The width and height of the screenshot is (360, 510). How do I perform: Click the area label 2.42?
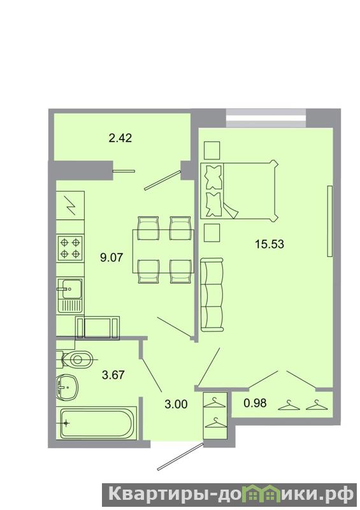[120, 138]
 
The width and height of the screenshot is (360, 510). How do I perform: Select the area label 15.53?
[270, 244]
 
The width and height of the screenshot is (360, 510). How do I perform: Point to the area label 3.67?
[113, 375]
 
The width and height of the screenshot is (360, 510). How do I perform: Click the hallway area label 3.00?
[176, 404]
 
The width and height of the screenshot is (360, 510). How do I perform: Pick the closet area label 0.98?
[256, 403]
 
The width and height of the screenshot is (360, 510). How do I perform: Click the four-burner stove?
[70, 248]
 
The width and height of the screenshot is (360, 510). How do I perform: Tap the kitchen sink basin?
[69, 289]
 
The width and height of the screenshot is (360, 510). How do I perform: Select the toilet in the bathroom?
[75, 360]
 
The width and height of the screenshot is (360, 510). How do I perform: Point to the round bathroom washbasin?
[66, 387]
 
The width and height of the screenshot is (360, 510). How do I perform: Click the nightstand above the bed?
[212, 150]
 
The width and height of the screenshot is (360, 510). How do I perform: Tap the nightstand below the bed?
[212, 233]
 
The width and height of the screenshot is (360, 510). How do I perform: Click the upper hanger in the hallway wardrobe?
[214, 404]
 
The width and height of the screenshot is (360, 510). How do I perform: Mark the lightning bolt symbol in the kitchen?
[71, 206]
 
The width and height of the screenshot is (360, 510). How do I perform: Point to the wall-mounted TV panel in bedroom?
[329, 221]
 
